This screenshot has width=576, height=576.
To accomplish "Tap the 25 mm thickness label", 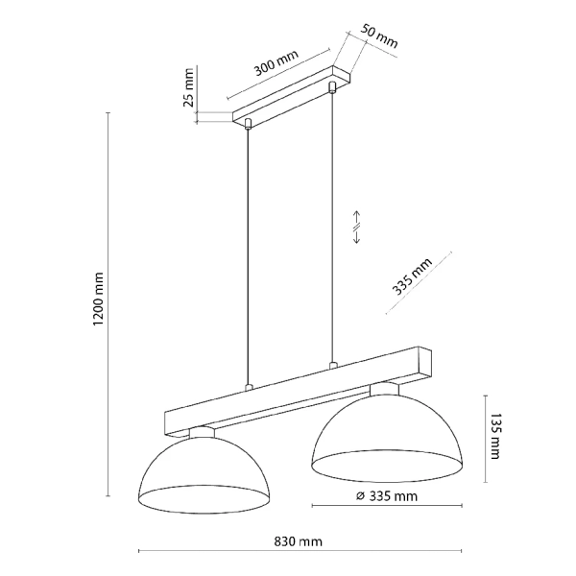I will [x=190, y=87].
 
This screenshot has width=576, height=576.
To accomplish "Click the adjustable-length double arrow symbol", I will [x=355, y=227].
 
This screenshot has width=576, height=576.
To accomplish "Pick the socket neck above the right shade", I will [x=385, y=388].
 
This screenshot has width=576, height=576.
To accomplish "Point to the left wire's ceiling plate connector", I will [x=249, y=124].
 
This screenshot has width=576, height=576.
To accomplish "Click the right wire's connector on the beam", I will [x=333, y=365].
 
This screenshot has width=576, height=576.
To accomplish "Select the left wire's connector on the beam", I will [x=249, y=387].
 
